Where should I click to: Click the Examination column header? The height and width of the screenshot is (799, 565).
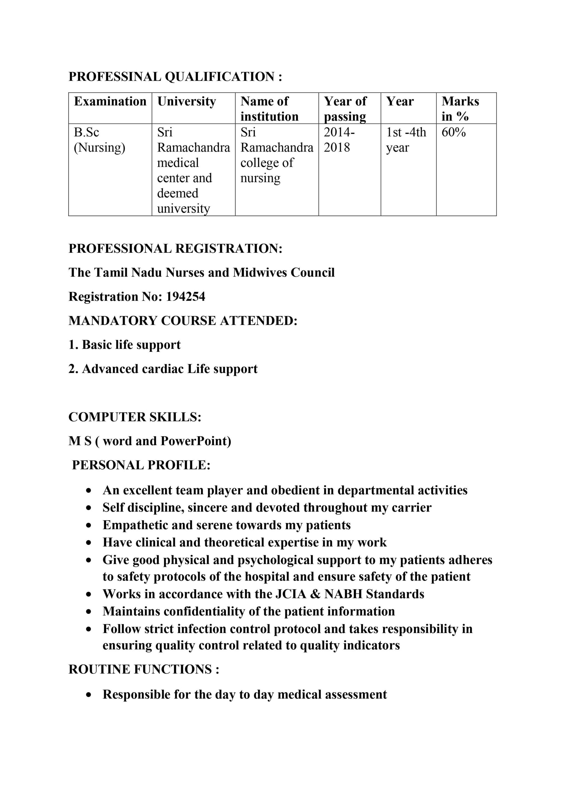(x=110, y=101)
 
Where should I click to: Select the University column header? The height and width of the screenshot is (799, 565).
(x=187, y=101)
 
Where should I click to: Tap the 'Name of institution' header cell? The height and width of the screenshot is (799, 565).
(x=269, y=109)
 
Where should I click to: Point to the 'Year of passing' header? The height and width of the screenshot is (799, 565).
(x=345, y=109)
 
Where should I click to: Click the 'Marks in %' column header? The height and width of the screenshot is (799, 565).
(x=460, y=109)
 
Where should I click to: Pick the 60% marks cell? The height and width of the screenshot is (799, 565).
(x=453, y=133)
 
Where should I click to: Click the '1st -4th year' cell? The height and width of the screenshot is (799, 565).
(x=406, y=140)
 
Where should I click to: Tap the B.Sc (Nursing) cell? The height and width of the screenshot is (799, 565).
(x=99, y=140)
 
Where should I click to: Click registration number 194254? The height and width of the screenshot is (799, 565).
(x=185, y=297)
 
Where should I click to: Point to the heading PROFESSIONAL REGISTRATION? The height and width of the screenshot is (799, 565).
(x=175, y=248)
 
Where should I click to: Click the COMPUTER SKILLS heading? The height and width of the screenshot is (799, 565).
(x=135, y=417)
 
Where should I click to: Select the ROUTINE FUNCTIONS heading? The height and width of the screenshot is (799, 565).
(x=144, y=669)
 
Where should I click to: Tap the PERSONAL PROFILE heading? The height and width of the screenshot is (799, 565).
(x=141, y=465)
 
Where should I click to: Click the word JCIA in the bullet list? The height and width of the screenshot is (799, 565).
(x=290, y=594)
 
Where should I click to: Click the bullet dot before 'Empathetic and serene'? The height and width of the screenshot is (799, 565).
(x=89, y=526)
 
